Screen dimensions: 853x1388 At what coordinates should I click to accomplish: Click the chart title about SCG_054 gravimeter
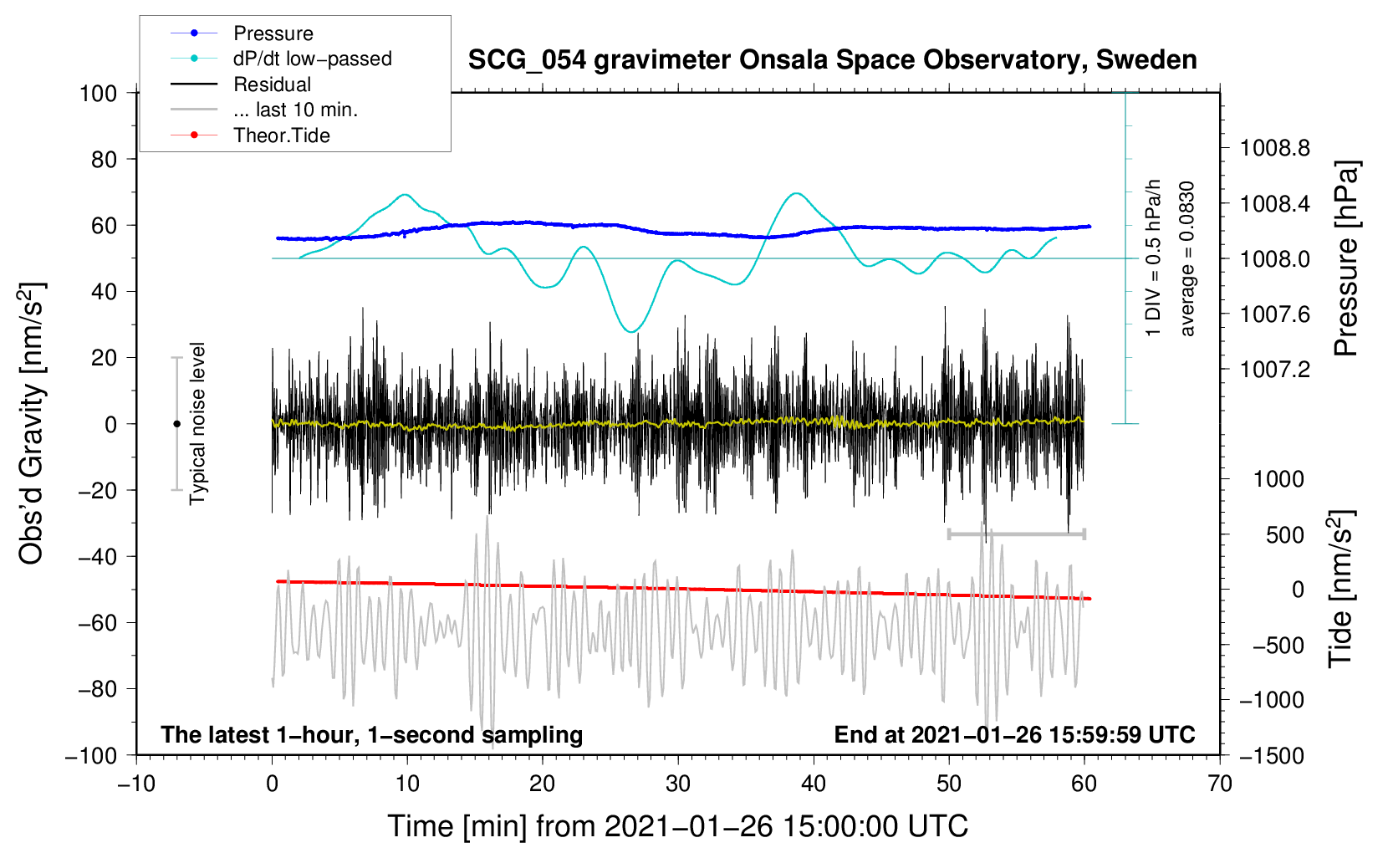(832, 60)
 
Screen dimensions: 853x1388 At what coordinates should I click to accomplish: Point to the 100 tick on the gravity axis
(98, 93)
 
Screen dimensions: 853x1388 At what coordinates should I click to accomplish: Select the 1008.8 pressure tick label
(1274, 149)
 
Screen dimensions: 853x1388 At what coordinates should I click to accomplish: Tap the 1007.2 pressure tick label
(1274, 370)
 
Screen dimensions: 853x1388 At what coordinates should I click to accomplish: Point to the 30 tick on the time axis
(678, 784)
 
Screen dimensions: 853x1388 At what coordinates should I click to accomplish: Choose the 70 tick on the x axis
(1220, 784)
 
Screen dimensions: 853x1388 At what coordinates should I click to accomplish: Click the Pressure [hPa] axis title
(1346, 258)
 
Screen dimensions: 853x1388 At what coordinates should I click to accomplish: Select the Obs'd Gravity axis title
(32, 424)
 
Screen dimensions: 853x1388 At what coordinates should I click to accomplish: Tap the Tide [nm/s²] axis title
(1341, 589)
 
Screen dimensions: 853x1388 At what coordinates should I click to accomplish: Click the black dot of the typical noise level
(176, 424)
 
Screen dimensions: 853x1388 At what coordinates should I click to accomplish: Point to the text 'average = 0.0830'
(1187, 258)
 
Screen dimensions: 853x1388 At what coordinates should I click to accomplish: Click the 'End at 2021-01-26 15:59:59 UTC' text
(1014, 735)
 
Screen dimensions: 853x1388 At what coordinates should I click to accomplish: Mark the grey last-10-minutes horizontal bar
(1016, 534)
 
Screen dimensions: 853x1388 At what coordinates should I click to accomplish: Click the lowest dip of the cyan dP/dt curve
(631, 332)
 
